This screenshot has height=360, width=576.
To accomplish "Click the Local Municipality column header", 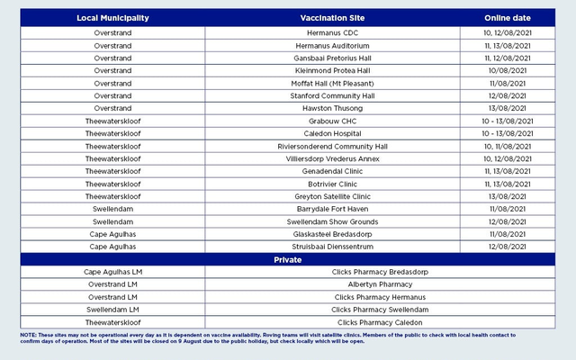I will tap(112, 18).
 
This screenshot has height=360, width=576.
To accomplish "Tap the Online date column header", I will tap(508, 18).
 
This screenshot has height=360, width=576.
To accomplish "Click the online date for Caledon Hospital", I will tap(508, 133).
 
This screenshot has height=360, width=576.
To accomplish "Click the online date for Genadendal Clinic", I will tap(508, 171).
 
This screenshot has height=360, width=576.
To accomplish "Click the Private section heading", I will tap(288, 259).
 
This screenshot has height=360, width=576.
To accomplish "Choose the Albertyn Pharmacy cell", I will tap(380, 284).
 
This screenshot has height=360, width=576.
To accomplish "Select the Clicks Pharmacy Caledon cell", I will tap(380, 322).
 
